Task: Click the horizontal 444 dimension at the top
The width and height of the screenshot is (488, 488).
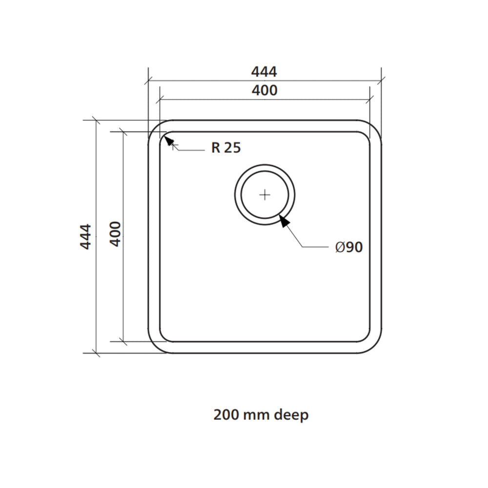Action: (264, 72)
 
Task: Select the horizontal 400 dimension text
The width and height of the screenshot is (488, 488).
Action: (264, 91)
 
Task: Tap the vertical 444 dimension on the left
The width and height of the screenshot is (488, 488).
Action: (85, 237)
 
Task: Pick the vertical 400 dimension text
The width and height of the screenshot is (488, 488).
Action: (115, 234)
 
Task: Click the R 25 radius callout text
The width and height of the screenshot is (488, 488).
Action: (226, 147)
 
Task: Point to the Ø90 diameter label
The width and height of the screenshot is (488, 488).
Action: (349, 247)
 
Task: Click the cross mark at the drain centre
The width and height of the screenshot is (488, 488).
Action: (265, 195)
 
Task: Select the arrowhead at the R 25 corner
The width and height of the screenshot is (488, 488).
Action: (169, 141)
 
